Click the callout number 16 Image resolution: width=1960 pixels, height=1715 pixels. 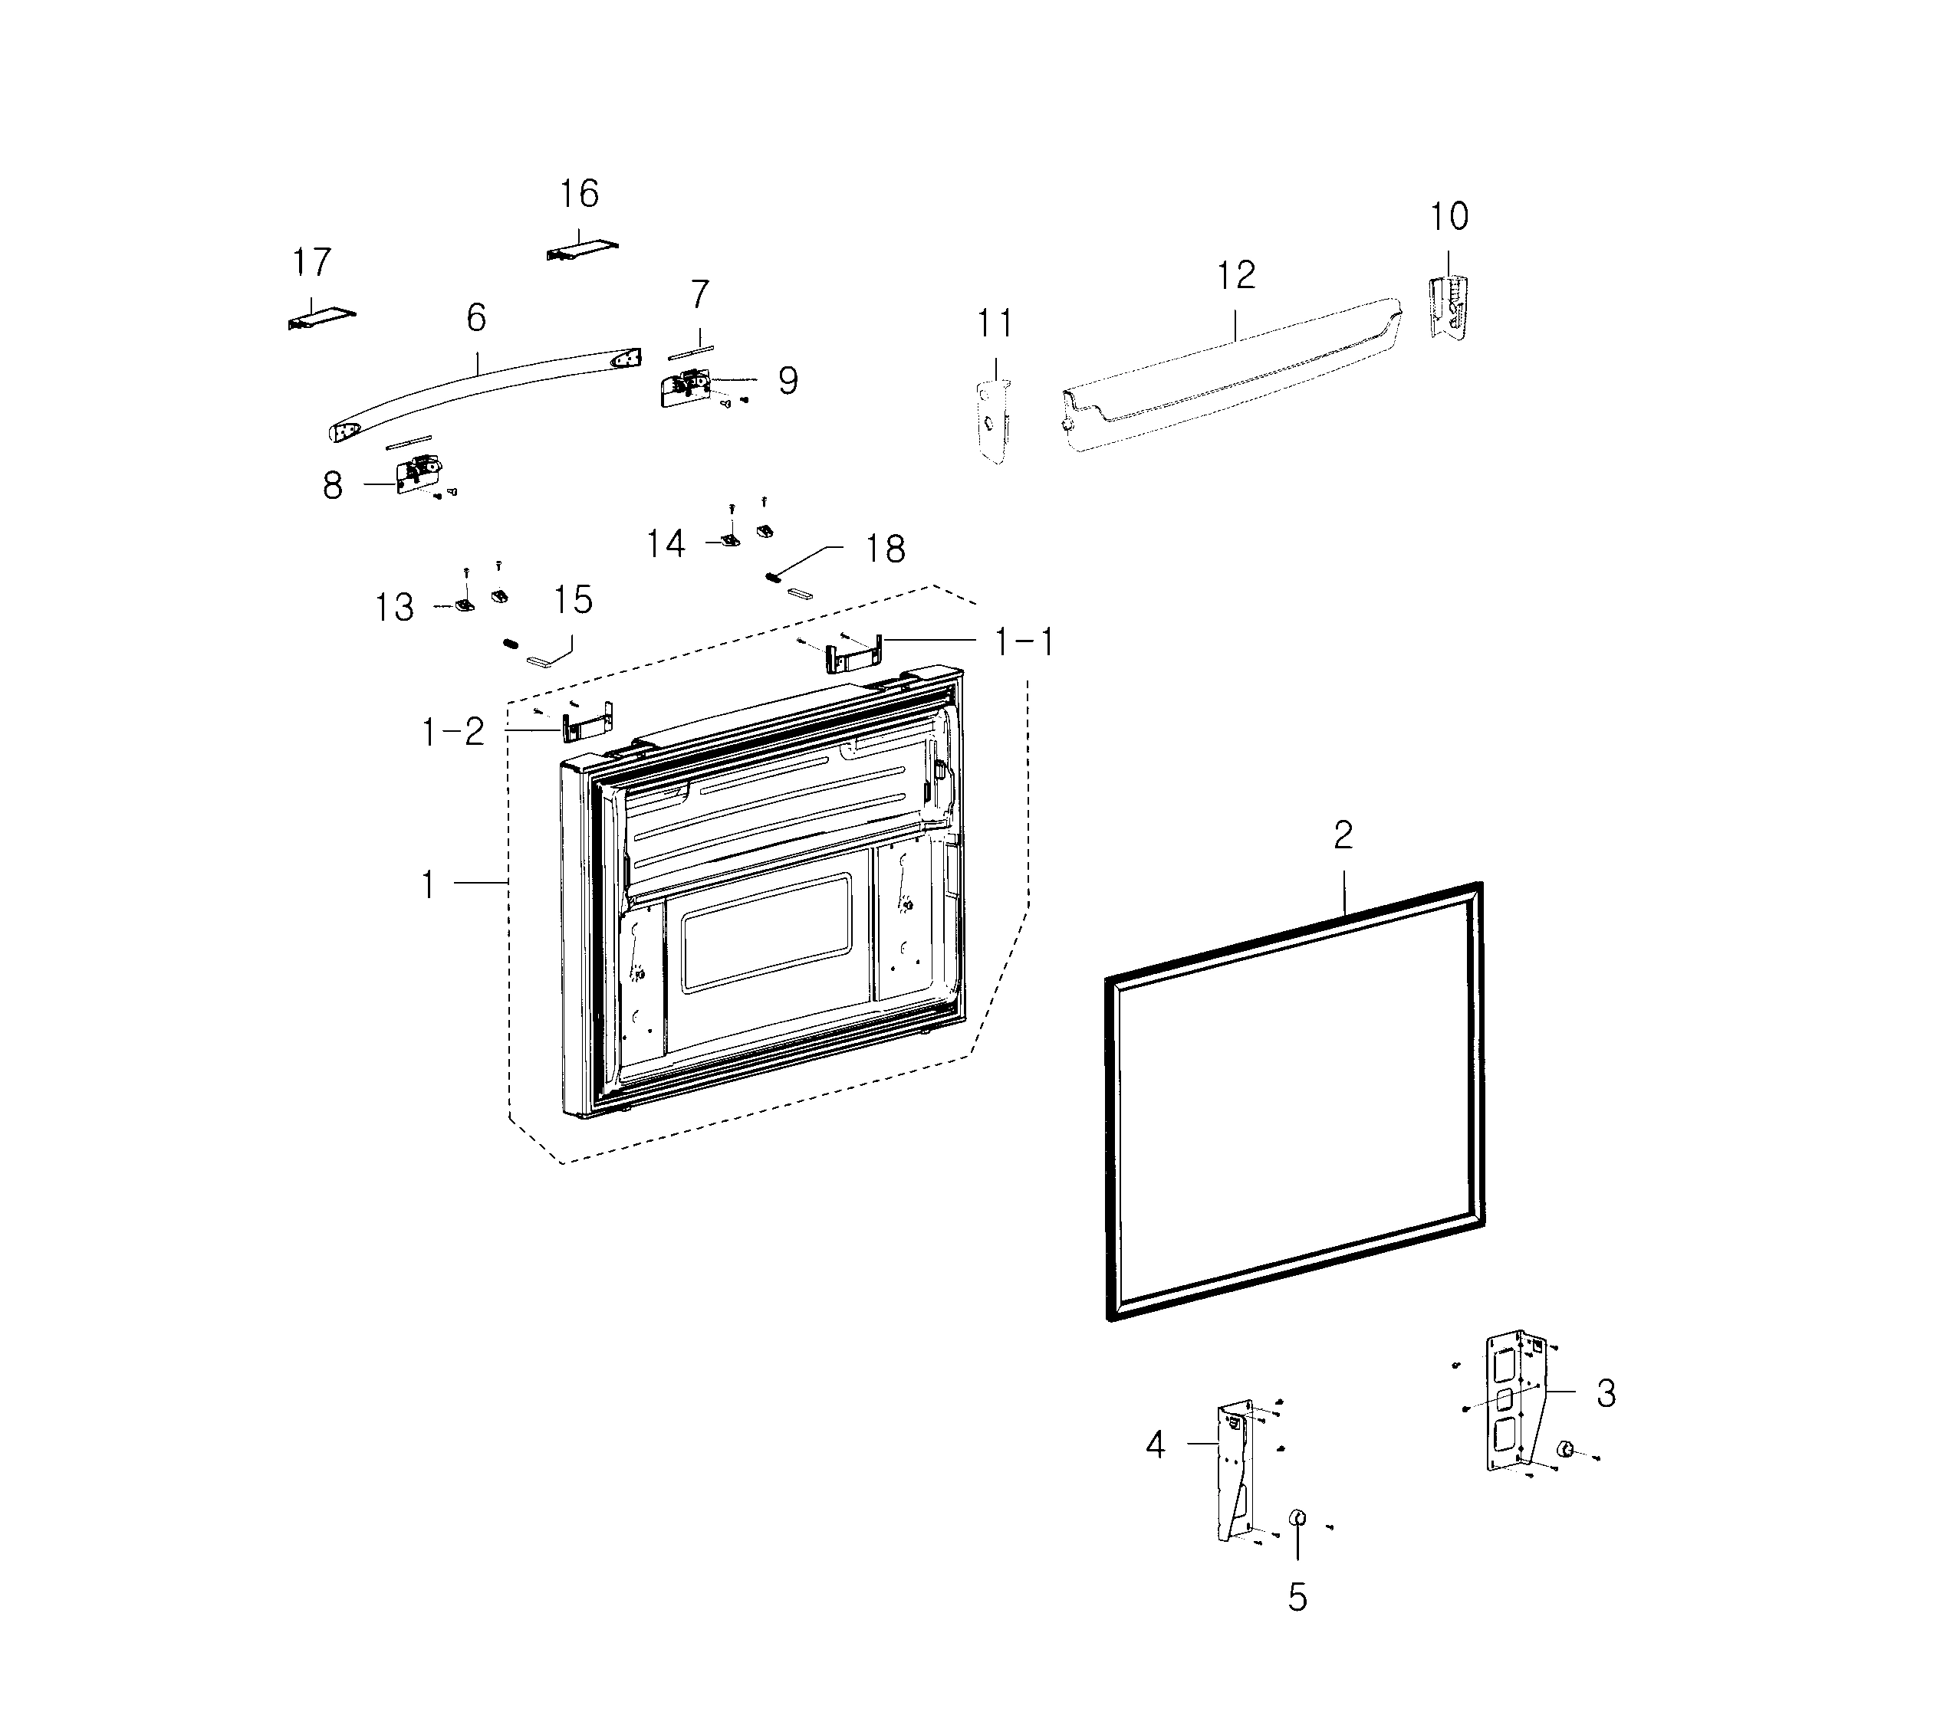579,195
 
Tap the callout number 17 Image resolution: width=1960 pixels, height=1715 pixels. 311,262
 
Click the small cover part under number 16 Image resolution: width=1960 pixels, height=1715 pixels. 582,249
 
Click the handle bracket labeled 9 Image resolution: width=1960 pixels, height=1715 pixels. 686,389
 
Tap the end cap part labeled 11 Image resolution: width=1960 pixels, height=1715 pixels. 993,421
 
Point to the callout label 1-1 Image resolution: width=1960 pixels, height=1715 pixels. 1024,642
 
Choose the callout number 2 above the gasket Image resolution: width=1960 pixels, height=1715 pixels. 1343,835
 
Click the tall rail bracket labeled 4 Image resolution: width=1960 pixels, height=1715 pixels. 1235,1472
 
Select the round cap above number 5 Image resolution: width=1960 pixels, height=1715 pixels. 1297,1518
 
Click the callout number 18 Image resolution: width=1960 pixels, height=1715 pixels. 885,549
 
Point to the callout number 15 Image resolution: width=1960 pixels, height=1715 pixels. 573,600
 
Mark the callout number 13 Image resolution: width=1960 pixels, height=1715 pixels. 393,608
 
